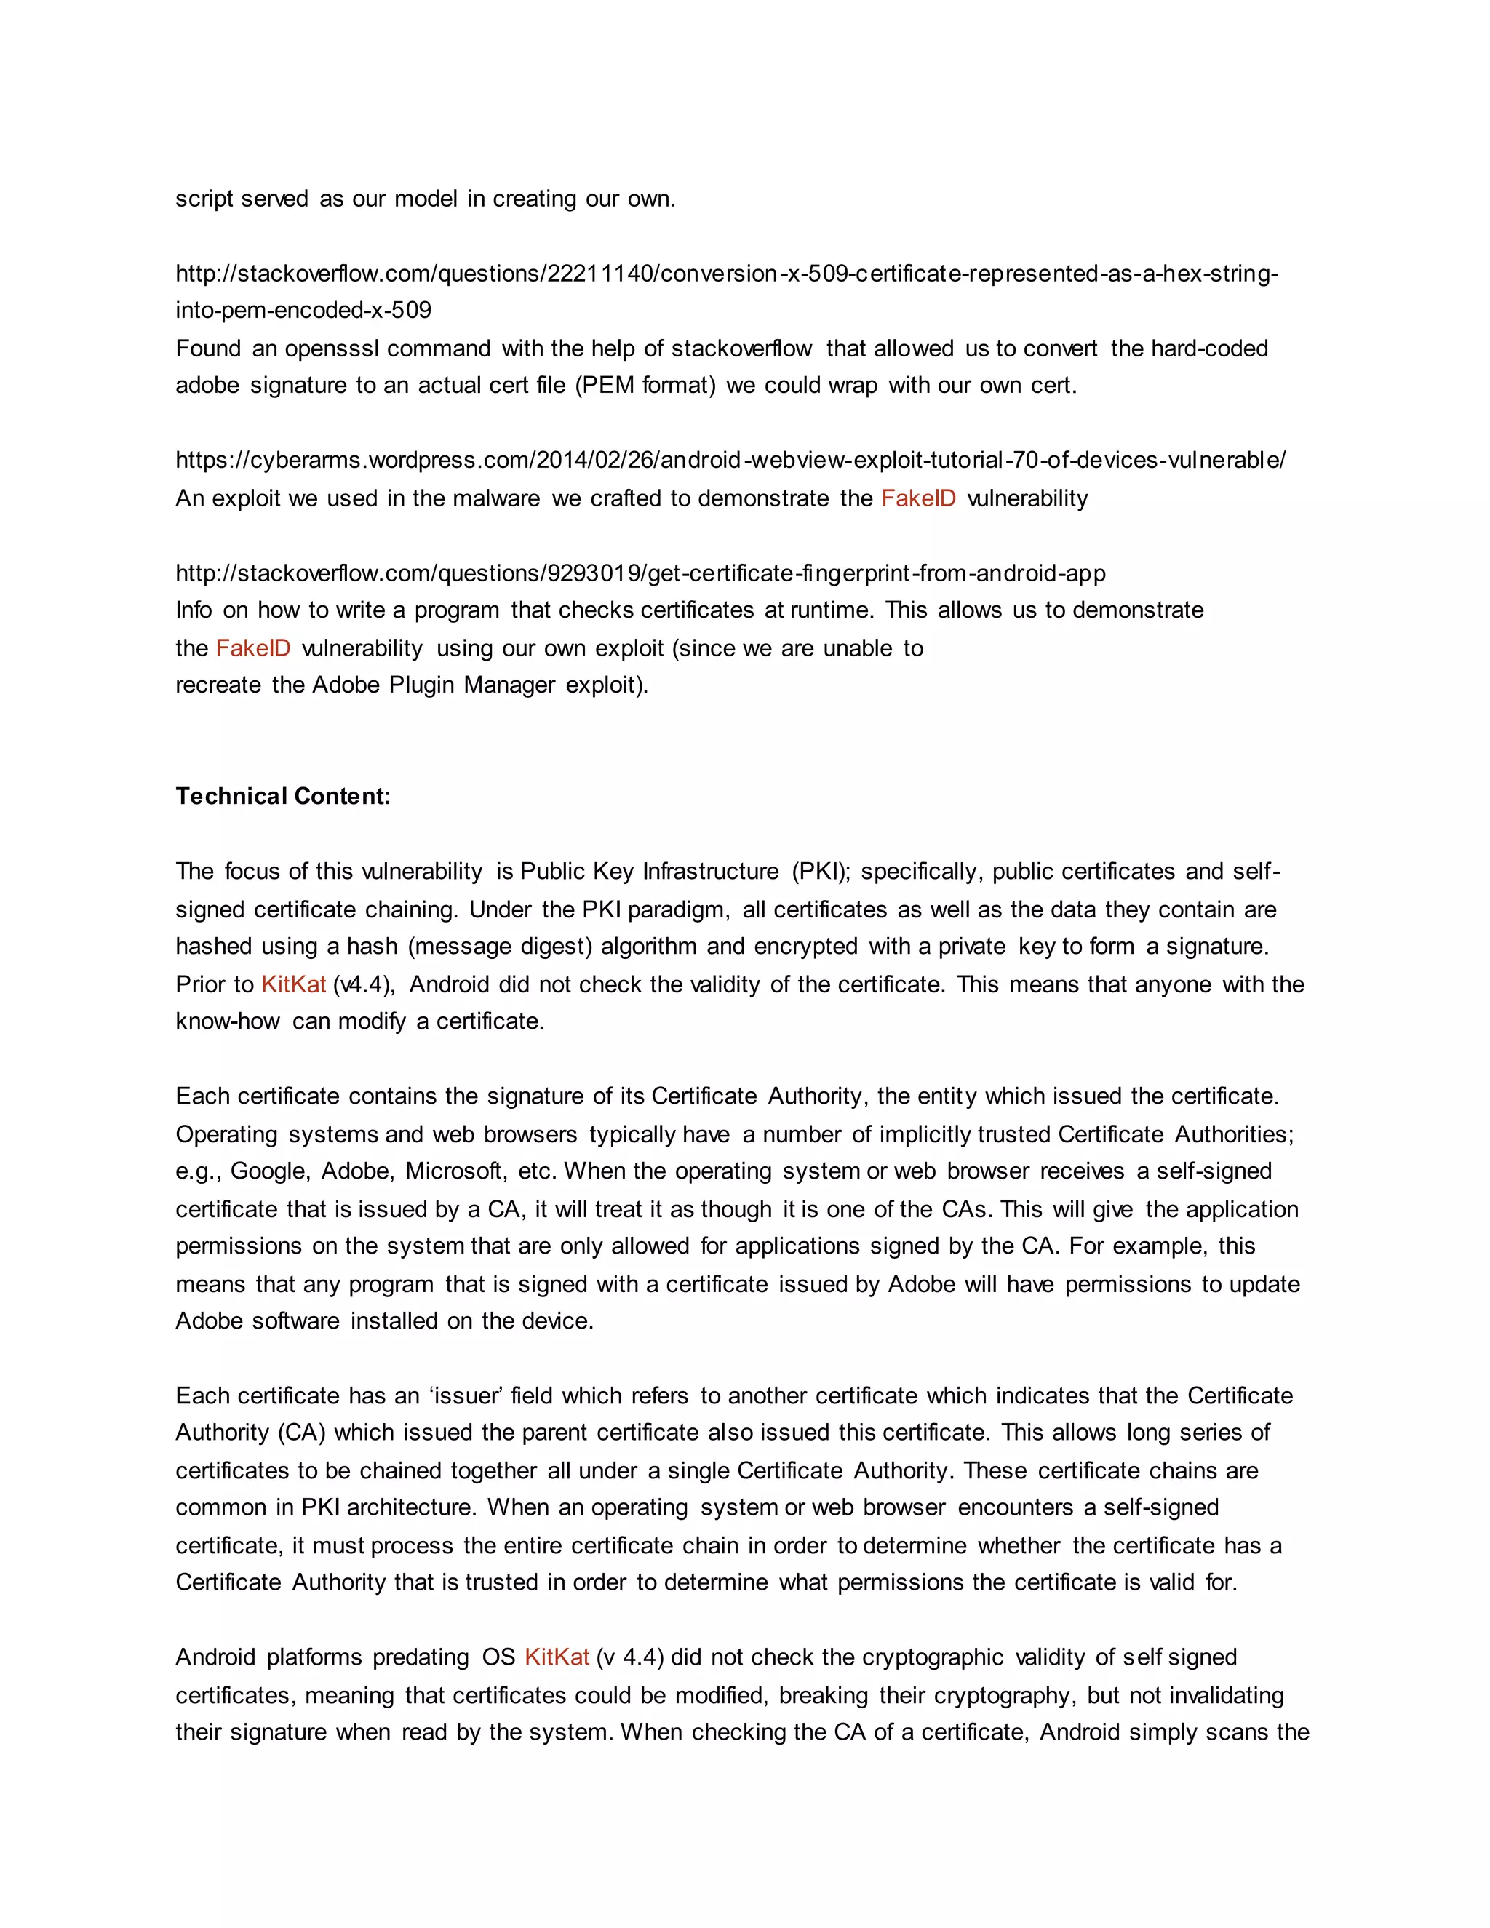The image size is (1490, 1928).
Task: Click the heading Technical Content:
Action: (x=282, y=796)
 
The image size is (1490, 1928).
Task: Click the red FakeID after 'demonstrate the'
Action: (x=918, y=499)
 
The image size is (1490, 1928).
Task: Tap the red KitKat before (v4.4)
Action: (x=293, y=984)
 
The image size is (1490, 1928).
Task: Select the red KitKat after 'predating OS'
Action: (x=556, y=1657)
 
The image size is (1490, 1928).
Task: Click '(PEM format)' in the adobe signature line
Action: (x=645, y=386)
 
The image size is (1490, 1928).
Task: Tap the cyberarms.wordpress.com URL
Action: (x=730, y=460)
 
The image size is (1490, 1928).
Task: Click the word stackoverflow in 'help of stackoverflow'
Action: (x=741, y=348)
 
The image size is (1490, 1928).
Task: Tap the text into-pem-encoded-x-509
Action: (x=303, y=311)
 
